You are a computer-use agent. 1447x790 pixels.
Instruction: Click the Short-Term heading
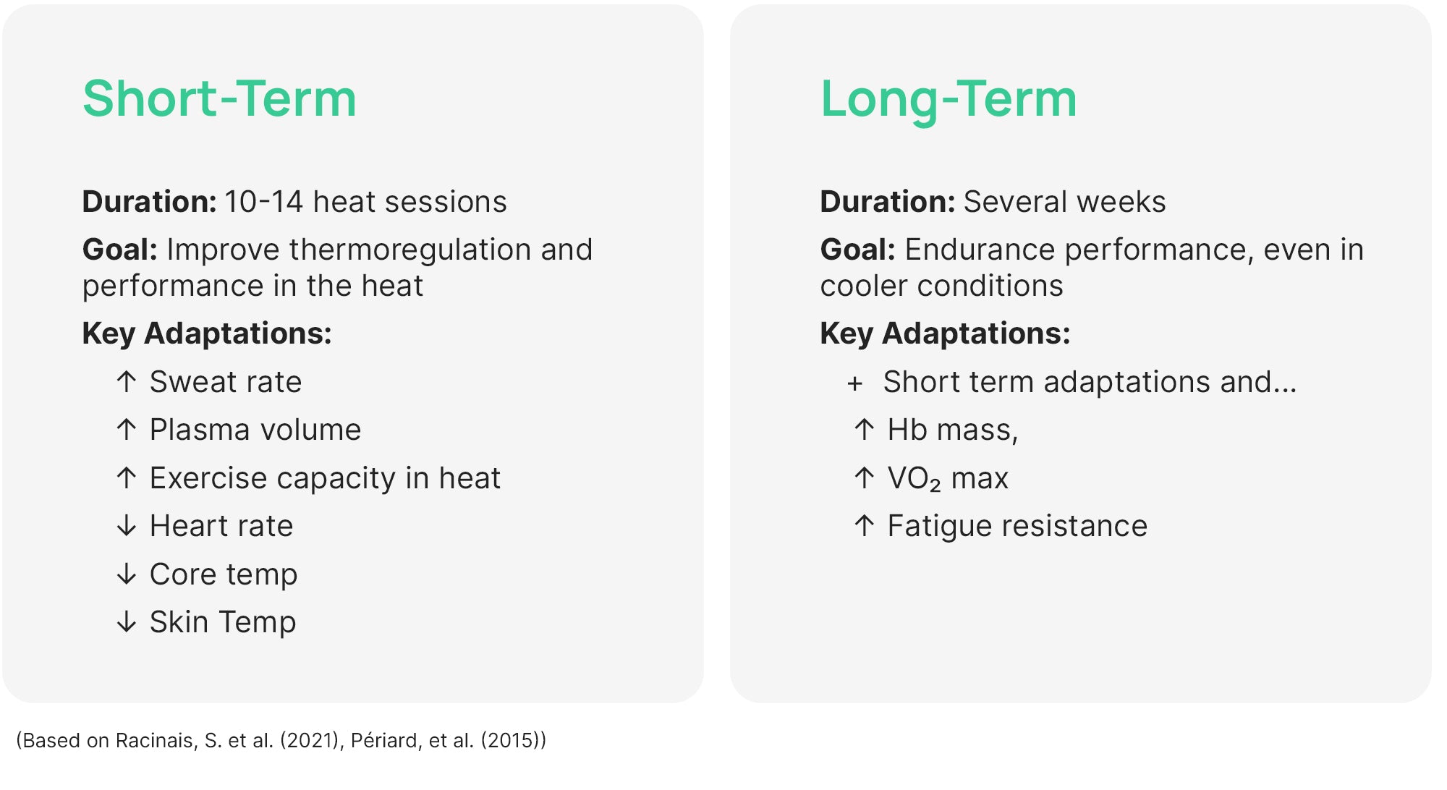pos(219,98)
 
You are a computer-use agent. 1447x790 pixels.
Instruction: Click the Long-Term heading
pos(949,100)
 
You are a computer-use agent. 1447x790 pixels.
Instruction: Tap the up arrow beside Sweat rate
pos(127,382)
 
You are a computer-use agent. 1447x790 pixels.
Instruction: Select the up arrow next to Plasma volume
pos(127,430)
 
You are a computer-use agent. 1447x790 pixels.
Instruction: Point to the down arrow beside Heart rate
pos(127,526)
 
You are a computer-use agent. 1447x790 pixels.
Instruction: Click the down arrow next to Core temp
pos(127,574)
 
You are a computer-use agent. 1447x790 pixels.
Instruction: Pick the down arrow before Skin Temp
pos(127,622)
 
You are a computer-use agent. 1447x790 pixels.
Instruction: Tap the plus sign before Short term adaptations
pos(855,383)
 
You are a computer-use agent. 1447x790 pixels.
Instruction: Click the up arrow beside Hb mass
pos(865,430)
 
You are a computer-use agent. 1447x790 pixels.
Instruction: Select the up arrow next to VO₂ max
pos(865,478)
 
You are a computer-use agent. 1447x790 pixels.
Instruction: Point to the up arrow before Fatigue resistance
pos(865,526)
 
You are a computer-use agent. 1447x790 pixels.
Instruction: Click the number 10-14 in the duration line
pos(263,202)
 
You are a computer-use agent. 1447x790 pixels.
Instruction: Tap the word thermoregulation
pos(410,250)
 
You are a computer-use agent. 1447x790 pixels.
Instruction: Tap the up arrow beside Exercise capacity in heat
pos(127,478)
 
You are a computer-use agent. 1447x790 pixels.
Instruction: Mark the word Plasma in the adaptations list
pos(192,430)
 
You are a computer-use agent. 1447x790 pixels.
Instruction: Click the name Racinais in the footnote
pos(156,741)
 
